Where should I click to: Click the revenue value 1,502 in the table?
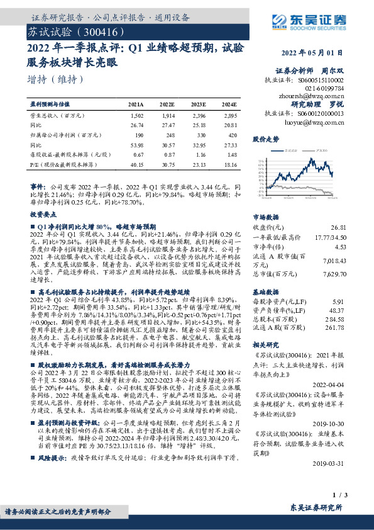[137, 116]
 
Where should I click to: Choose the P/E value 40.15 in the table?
[136, 163]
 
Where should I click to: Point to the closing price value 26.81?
[338, 227]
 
